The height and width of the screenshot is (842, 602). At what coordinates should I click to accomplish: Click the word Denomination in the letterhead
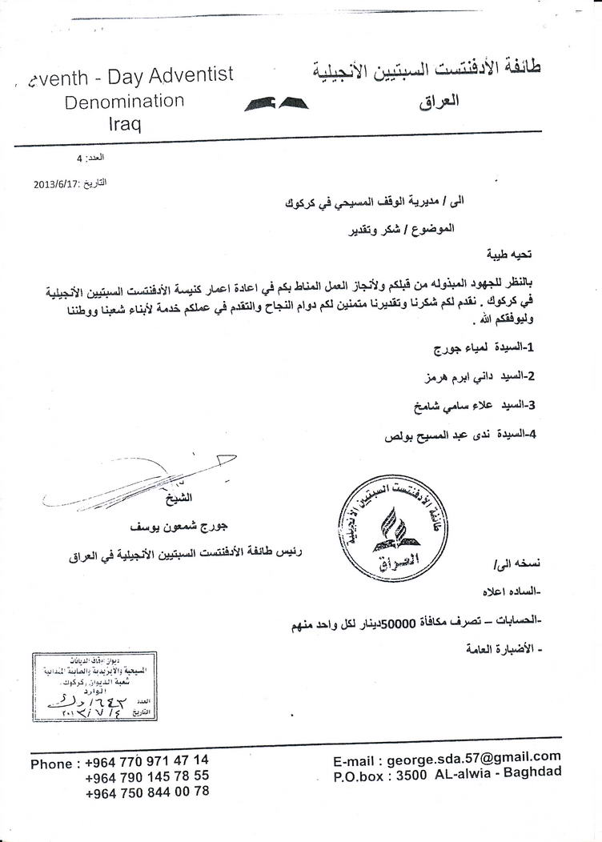[124, 102]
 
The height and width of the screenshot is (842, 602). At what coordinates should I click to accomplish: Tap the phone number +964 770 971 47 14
[146, 760]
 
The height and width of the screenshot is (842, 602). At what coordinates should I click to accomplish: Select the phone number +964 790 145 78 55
[146, 776]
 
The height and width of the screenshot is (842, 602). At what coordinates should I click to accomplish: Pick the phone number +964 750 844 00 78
[146, 792]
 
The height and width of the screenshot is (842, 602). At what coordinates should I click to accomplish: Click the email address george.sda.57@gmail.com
[473, 757]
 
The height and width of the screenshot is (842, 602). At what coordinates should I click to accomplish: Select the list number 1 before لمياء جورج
[530, 349]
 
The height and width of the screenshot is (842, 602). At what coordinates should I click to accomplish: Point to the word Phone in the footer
[51, 764]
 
